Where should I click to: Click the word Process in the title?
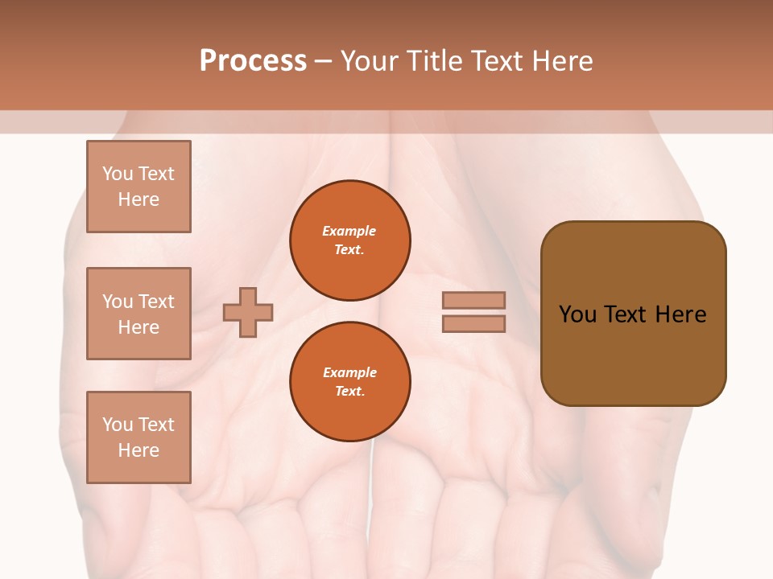pyautogui.click(x=253, y=61)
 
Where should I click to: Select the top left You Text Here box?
pyautogui.click(x=138, y=187)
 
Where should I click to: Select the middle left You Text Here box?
pyautogui.click(x=138, y=314)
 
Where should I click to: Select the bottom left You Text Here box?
pyautogui.click(x=138, y=437)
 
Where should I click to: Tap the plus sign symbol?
pyautogui.click(x=248, y=312)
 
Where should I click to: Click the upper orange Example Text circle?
pyautogui.click(x=349, y=240)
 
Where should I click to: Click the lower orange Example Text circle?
pyautogui.click(x=349, y=382)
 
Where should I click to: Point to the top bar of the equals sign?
pyautogui.click(x=474, y=300)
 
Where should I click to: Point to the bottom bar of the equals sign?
pyautogui.click(x=474, y=324)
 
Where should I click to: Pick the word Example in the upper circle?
pyautogui.click(x=349, y=231)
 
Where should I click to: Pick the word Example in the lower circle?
pyautogui.click(x=349, y=372)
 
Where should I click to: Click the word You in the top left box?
pyautogui.click(x=118, y=174)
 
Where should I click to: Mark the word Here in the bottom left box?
pyautogui.click(x=138, y=450)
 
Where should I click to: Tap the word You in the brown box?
pyautogui.click(x=577, y=314)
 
